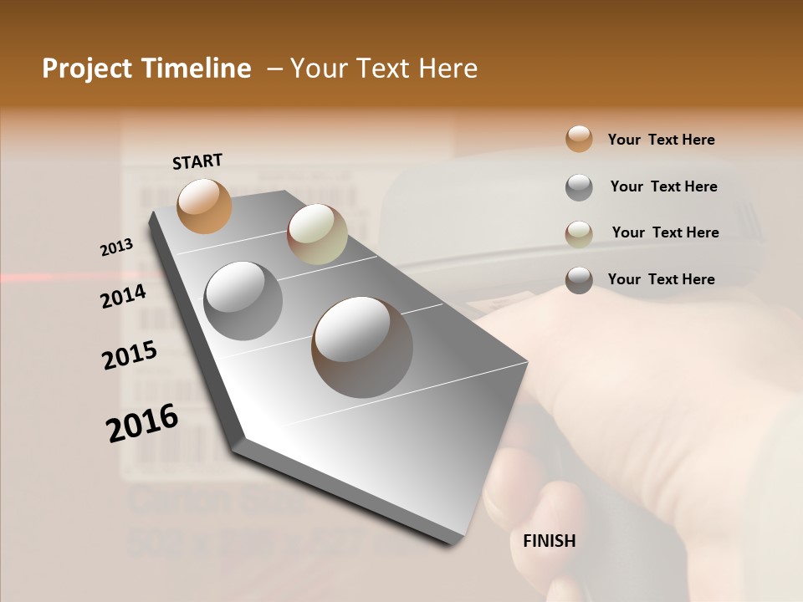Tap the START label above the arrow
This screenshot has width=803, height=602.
(x=197, y=161)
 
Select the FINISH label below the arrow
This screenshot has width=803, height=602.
(x=549, y=541)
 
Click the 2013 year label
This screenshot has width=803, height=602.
(x=117, y=247)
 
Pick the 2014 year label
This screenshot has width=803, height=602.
(x=124, y=296)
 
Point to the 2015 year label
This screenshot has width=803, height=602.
(x=130, y=356)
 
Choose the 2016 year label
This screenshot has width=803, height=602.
(x=142, y=423)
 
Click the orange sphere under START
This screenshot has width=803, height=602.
(x=205, y=206)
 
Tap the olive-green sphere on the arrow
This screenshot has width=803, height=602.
(x=317, y=234)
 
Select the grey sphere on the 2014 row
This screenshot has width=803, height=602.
(x=243, y=300)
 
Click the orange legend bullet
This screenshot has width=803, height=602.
(x=579, y=140)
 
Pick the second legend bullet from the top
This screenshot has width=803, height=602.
(x=579, y=187)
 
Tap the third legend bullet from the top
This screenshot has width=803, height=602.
(x=579, y=234)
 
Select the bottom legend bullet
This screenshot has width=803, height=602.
(x=579, y=280)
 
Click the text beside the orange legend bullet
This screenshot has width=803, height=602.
(x=661, y=140)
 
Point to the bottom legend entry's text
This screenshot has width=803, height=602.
(x=661, y=279)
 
